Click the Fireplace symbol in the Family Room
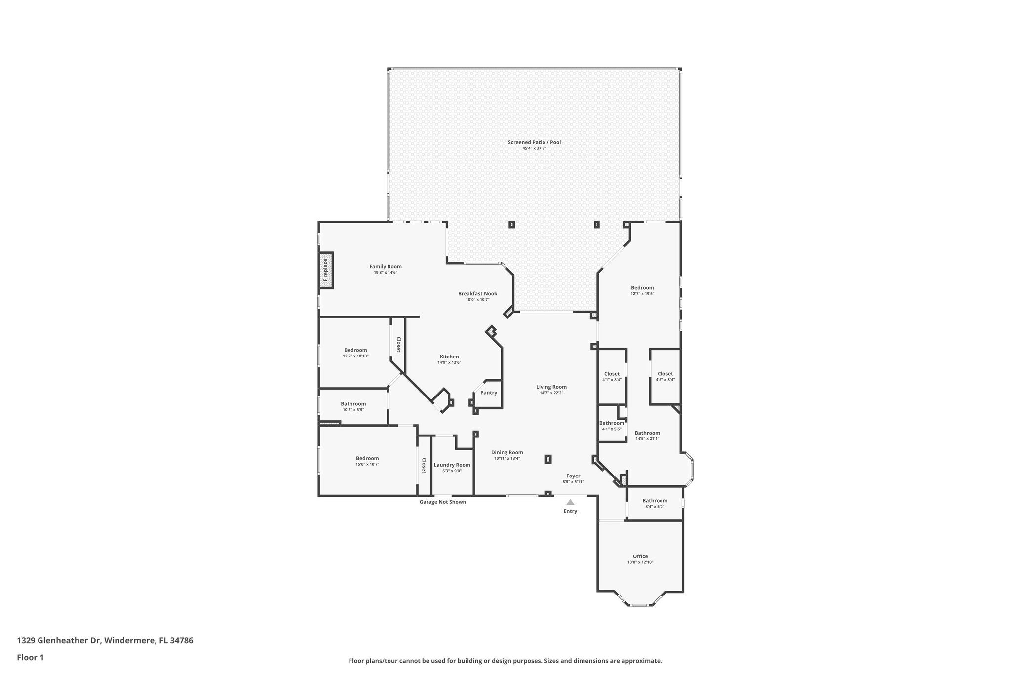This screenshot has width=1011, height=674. [325, 270]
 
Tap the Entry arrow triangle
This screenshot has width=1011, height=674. [570, 502]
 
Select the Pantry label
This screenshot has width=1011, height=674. [489, 393]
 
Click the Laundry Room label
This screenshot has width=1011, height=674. [452, 465]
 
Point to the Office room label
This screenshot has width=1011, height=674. [640, 556]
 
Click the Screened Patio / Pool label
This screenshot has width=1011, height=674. [534, 142]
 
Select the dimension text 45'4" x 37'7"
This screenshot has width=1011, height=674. [534, 148]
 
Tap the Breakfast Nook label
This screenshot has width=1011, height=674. [477, 293]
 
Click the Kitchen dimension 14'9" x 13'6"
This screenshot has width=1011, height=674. [449, 362]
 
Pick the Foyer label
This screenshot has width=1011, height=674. [573, 476]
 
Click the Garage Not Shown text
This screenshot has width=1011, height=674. [442, 502]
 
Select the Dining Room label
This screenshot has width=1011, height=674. [507, 452]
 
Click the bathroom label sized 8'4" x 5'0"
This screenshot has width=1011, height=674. [655, 501]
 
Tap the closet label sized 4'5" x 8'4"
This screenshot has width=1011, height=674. [665, 374]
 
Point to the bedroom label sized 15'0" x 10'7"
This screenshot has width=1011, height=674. [367, 458]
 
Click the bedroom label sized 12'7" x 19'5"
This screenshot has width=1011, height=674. [642, 288]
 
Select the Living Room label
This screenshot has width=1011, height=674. [551, 387]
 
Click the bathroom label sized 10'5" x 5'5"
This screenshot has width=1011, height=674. [353, 404]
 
